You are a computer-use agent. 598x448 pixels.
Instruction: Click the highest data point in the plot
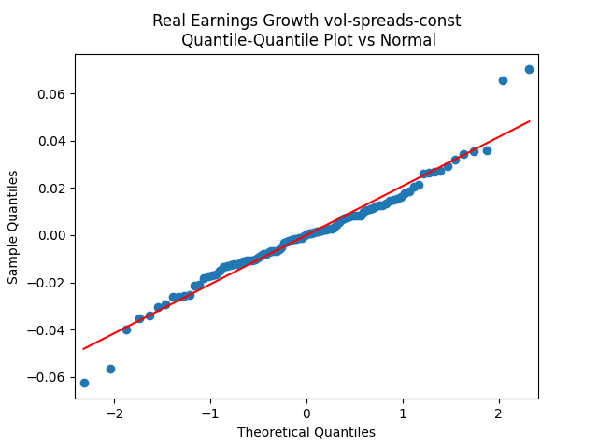529,69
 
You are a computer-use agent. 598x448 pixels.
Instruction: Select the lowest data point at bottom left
84,383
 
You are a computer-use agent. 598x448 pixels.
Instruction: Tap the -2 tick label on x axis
114,413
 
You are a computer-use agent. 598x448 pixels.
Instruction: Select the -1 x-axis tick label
210,413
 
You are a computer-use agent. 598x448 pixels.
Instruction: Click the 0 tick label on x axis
306,413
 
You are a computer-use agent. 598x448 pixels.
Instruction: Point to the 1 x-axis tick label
403,413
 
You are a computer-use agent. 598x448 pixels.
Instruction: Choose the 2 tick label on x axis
499,413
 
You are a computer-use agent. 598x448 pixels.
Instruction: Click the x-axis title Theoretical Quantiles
306,432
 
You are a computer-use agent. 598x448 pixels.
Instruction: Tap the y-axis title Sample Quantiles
13,226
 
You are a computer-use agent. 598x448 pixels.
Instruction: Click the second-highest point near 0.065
503,80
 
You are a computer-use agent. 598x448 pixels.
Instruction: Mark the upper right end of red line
530,121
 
